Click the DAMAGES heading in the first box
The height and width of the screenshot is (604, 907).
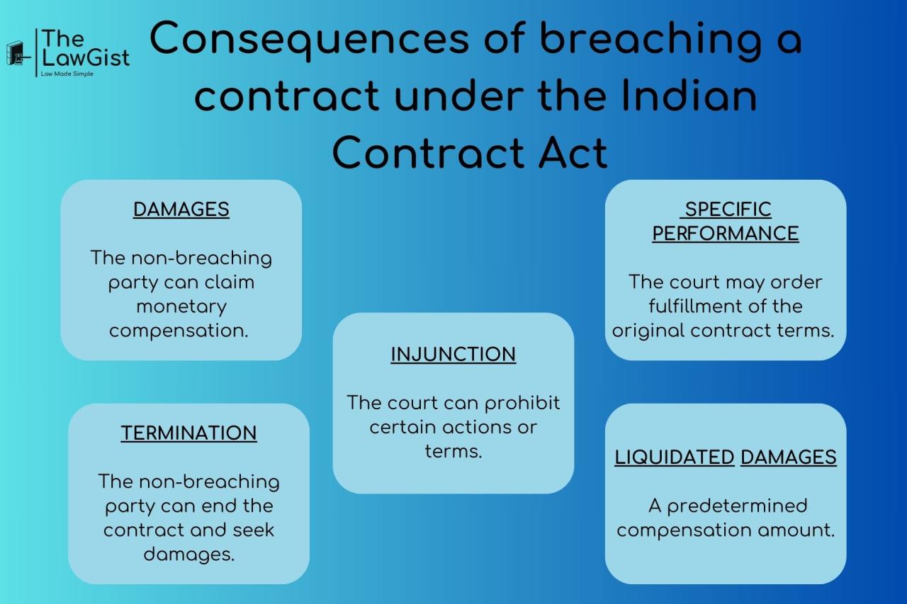click(181, 210)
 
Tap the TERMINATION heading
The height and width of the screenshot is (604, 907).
click(188, 433)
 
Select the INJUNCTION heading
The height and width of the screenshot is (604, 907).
click(453, 355)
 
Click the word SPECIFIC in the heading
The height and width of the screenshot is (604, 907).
click(728, 210)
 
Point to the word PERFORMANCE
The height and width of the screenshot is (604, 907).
click(726, 234)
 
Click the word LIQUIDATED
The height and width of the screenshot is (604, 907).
click(674, 457)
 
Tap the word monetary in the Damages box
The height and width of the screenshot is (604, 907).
click(181, 307)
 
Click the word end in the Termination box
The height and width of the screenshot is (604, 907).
click(218, 506)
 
